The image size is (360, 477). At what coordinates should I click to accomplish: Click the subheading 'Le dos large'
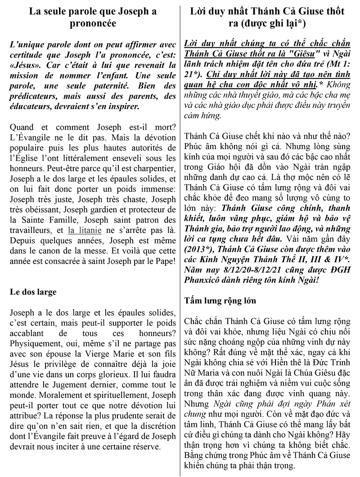click(33, 291)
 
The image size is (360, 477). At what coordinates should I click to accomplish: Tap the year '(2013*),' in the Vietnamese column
click(202, 248)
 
